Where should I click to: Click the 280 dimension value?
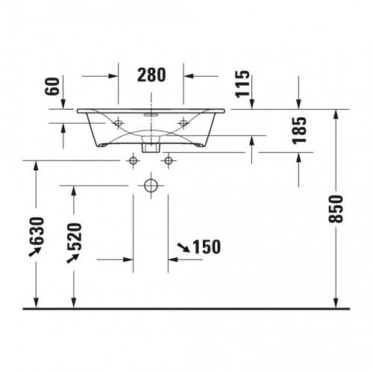tap(151, 75)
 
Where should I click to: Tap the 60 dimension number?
tap(52, 87)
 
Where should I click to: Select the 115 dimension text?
tap(242, 84)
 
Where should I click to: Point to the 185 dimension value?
tap(299, 131)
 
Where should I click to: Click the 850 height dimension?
tap(336, 209)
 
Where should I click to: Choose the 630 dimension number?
tap(37, 231)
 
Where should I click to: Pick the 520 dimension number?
tap(74, 236)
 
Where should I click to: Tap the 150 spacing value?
tap(207, 247)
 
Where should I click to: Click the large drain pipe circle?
tap(151, 186)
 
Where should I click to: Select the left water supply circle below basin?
tap(133, 160)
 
